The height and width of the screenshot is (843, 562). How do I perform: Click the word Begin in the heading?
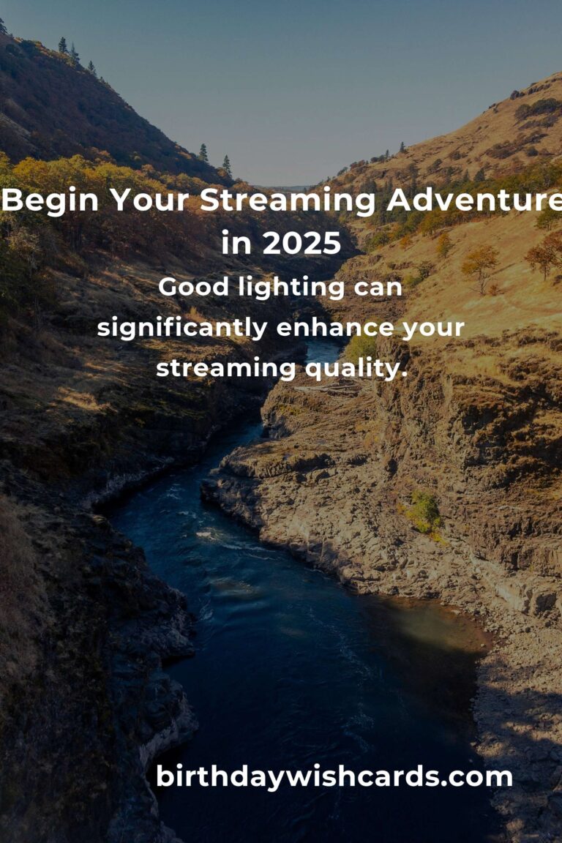click(50, 201)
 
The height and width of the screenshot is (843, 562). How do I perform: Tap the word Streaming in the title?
click(288, 201)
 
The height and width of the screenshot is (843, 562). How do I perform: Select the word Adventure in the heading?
click(474, 200)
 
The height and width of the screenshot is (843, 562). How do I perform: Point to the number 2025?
click(301, 243)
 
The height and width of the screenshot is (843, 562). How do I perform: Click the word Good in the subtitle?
click(194, 287)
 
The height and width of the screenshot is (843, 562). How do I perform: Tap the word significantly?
click(182, 328)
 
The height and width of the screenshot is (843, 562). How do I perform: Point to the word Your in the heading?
click(149, 201)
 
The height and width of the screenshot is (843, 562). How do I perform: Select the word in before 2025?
click(236, 242)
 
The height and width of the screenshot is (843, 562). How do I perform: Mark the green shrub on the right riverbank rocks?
click(423, 512)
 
